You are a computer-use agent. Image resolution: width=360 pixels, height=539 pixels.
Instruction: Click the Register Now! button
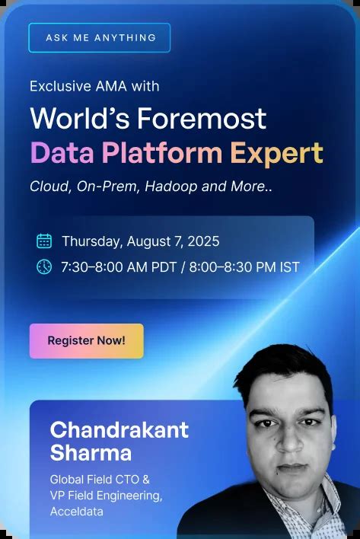(x=87, y=341)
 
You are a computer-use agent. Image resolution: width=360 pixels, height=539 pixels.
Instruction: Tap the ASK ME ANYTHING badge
(x=99, y=38)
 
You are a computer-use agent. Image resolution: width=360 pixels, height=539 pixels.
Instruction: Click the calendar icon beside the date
(x=44, y=241)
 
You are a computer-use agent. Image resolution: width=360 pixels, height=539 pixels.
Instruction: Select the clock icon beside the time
(x=44, y=266)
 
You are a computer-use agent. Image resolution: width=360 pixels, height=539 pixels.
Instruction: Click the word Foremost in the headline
(x=202, y=118)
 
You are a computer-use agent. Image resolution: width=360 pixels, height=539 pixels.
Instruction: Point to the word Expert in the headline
(x=277, y=154)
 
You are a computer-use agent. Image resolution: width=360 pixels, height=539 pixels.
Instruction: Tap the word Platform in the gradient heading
(x=162, y=152)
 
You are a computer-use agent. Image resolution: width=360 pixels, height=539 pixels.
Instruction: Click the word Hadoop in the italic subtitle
(x=171, y=187)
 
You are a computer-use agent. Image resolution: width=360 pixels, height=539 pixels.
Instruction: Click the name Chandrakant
(x=119, y=429)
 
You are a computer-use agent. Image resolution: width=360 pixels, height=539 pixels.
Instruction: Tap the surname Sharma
(x=91, y=452)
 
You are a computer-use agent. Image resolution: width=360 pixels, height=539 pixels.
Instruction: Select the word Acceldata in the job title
(x=77, y=512)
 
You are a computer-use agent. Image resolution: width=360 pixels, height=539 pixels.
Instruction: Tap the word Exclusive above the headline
(x=60, y=86)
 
